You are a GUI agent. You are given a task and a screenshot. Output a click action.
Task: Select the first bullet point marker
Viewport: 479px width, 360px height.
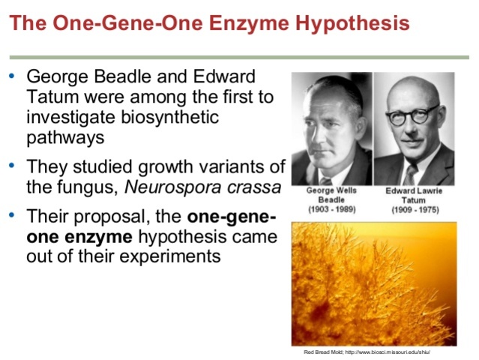click(11, 76)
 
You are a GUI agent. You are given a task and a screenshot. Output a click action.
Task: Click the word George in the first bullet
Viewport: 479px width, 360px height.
click(56, 77)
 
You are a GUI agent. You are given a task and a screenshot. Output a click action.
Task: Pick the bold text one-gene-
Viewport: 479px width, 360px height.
click(232, 217)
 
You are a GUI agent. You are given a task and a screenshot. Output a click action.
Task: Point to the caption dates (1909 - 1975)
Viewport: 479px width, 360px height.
click(415, 209)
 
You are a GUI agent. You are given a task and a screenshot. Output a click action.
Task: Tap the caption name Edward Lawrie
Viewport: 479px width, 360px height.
click(415, 191)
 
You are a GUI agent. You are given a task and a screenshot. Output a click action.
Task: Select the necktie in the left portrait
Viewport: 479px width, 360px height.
click(331, 178)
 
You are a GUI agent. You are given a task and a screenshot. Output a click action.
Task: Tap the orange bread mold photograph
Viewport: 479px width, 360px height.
click(373, 283)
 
